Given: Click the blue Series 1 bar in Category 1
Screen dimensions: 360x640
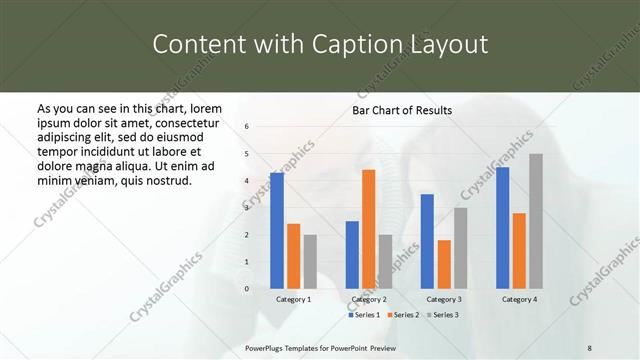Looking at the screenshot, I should pyautogui.click(x=277, y=230).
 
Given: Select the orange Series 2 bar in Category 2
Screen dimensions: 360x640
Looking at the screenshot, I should pyautogui.click(x=368, y=228).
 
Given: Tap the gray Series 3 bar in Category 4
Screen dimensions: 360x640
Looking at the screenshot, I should pyautogui.click(x=535, y=220).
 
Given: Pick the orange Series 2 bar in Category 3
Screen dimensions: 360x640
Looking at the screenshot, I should pyautogui.click(x=444, y=264).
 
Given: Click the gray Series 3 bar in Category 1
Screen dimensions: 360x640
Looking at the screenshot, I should pyautogui.click(x=310, y=261).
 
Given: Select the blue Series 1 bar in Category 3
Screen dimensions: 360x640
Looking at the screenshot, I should pyautogui.click(x=427, y=240).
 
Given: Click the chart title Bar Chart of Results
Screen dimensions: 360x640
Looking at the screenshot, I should pyautogui.click(x=402, y=110).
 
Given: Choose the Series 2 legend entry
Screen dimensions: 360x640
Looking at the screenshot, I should pyautogui.click(x=402, y=315).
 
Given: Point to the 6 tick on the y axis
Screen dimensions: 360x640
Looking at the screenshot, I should pyautogui.click(x=247, y=126).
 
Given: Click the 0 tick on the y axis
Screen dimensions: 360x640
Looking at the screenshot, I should pyautogui.click(x=247, y=288).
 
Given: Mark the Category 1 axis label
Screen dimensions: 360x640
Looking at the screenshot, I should pyautogui.click(x=293, y=299).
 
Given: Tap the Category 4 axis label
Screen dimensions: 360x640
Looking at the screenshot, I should pyautogui.click(x=518, y=299).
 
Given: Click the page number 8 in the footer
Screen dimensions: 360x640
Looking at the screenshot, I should pyautogui.click(x=590, y=347).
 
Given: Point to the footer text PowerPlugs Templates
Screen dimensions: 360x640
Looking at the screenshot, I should pyautogui.click(x=286, y=347).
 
